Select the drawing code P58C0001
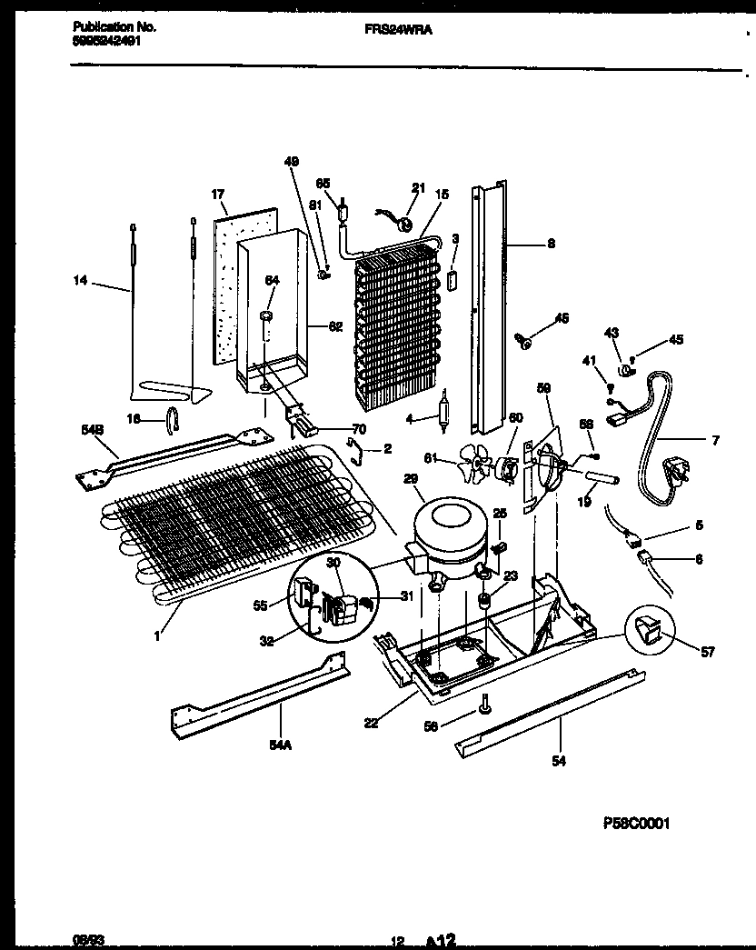[x=636, y=824]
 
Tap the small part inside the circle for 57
[x=650, y=626]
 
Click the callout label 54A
[x=279, y=744]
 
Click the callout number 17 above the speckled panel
[x=217, y=195]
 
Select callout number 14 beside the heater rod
[x=81, y=282]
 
